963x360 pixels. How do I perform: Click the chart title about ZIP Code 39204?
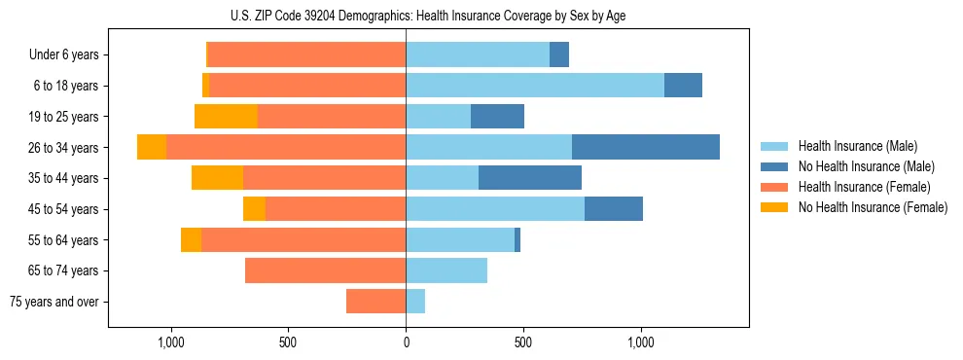point(428,16)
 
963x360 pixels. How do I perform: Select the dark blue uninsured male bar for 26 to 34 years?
point(645,147)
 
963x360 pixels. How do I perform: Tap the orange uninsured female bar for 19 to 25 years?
point(226,117)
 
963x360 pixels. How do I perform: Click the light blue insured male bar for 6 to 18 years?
point(534,86)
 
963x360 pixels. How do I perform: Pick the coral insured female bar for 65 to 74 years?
point(325,270)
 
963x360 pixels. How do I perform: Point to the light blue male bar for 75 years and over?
point(415,302)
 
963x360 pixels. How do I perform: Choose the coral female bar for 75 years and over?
point(375,302)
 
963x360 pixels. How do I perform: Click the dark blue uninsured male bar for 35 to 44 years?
point(529,178)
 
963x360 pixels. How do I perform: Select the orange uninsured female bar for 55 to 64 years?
point(191,240)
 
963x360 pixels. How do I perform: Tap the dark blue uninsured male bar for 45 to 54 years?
point(613,209)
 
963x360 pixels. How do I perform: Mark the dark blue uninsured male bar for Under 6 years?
point(558,54)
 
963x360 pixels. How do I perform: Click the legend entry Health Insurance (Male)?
point(857,146)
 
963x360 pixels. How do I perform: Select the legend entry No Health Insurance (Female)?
point(873,207)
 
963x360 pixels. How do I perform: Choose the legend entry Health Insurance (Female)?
point(864,187)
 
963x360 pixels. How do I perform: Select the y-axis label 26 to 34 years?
point(65,148)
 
